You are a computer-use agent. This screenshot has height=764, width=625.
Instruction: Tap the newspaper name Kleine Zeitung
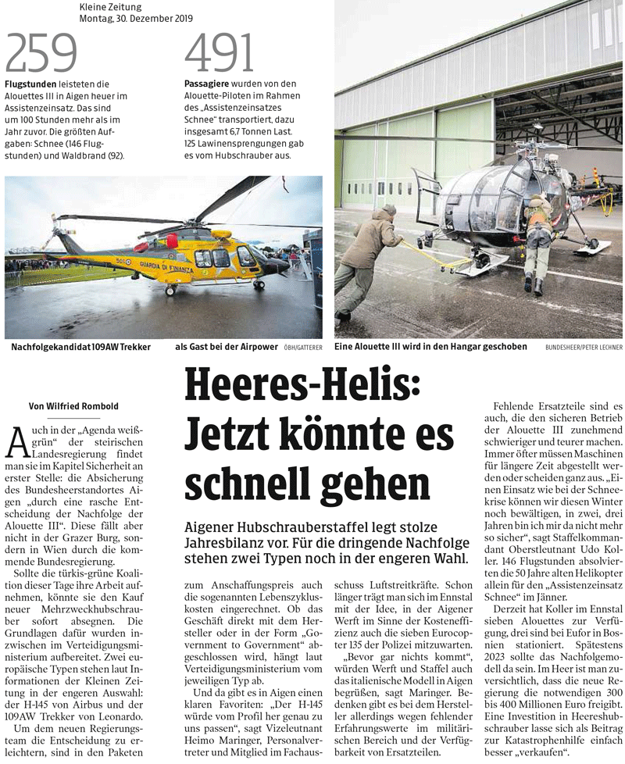point(112,7)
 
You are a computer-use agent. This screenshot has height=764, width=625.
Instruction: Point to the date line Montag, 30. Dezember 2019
point(136,18)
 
